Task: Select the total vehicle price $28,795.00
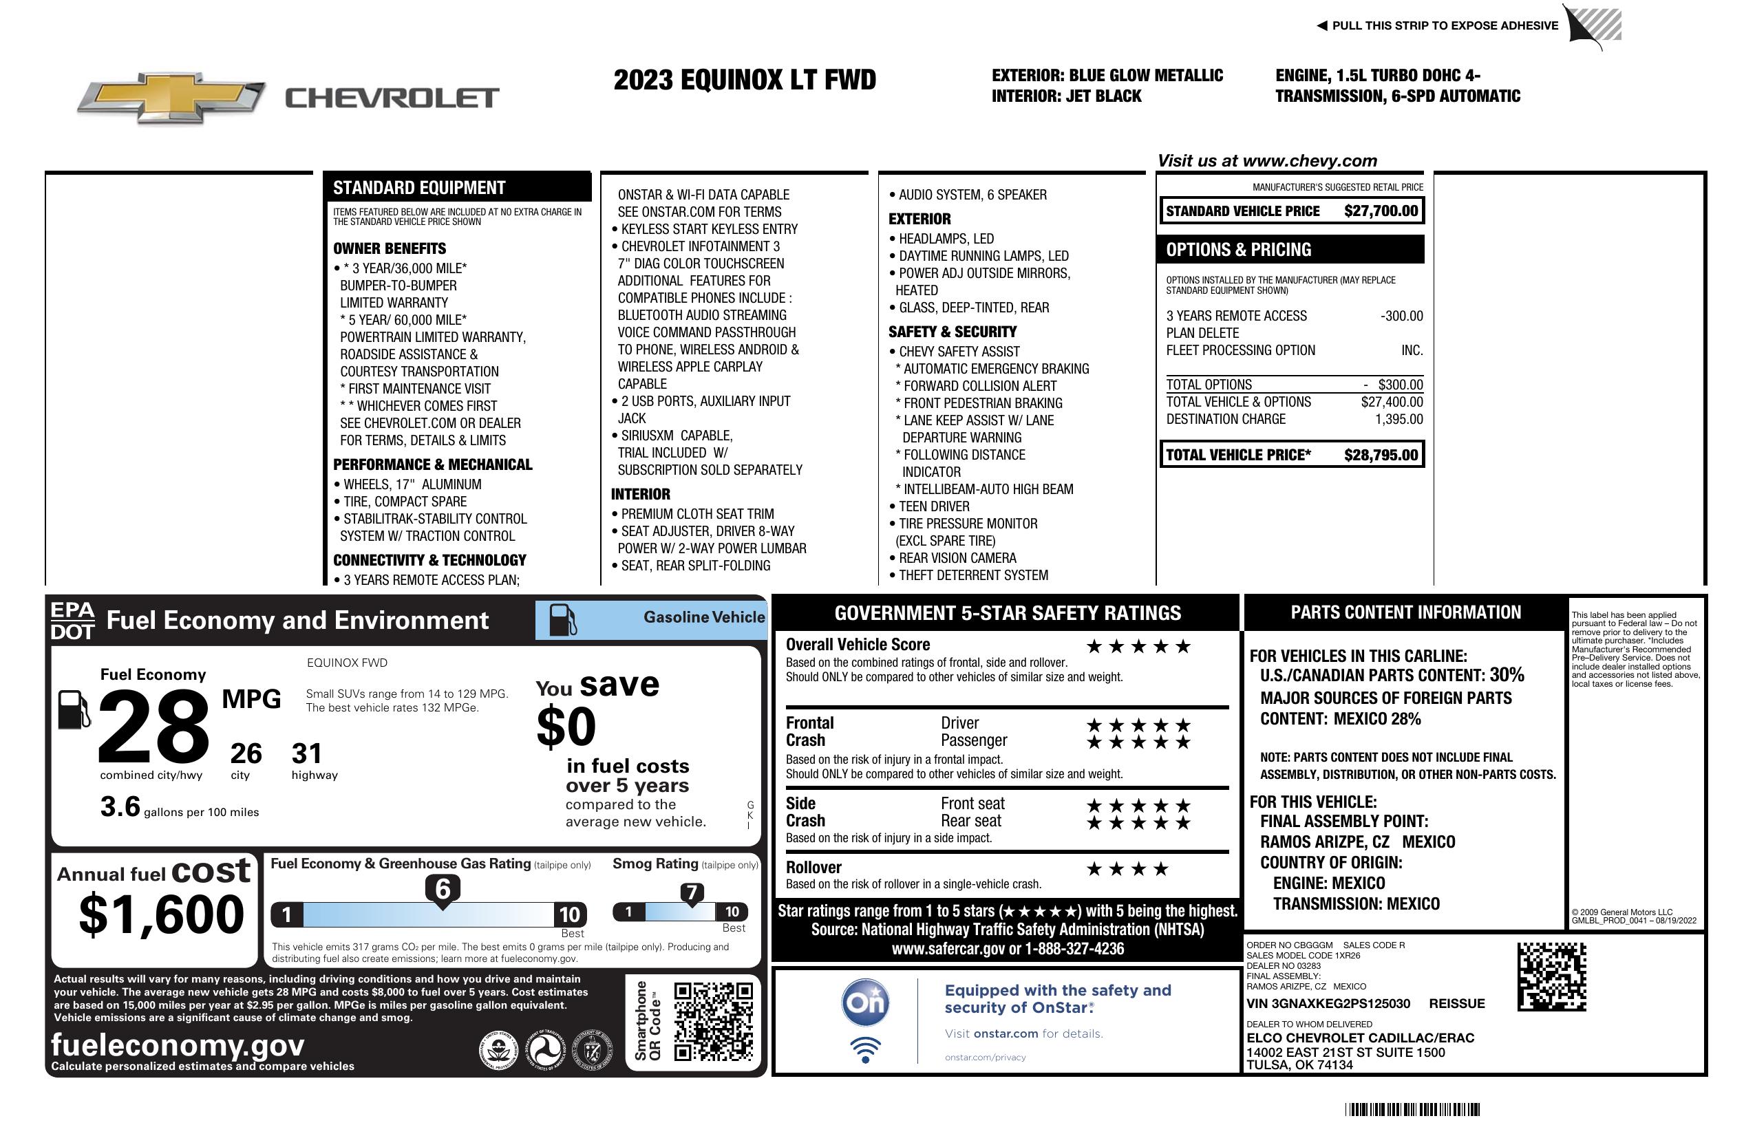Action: (x=1381, y=455)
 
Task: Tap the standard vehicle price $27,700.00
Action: (x=1381, y=211)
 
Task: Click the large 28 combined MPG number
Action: (x=153, y=727)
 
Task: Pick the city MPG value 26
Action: (x=246, y=753)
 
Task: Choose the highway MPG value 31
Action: (x=307, y=753)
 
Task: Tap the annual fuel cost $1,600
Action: (x=161, y=914)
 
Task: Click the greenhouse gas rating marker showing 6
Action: (x=443, y=889)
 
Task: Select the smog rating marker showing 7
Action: (x=692, y=892)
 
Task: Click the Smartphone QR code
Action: (x=713, y=1020)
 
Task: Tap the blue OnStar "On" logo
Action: (x=865, y=1003)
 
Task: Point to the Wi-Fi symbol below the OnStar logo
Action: (x=865, y=1049)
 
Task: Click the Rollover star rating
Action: (x=1127, y=869)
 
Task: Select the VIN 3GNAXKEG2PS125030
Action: (x=1328, y=1004)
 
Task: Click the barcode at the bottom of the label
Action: (x=1412, y=1109)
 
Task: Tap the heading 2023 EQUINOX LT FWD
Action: (x=745, y=80)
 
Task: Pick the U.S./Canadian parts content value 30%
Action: (x=1507, y=675)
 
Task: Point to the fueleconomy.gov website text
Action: (x=178, y=1045)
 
